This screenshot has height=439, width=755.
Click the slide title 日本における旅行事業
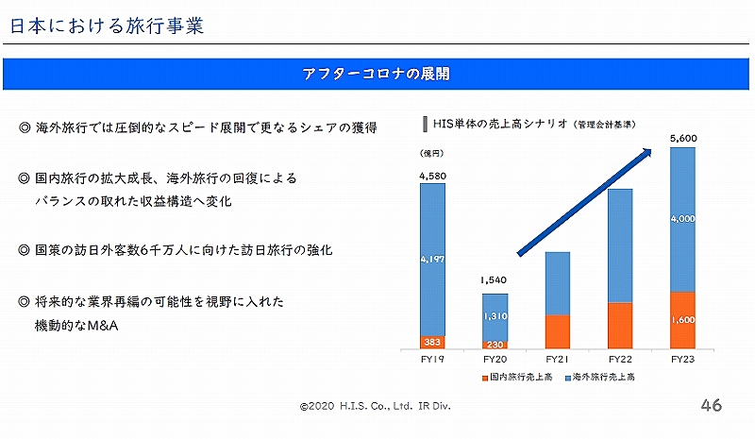pos(107,26)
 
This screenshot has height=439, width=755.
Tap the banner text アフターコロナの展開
pos(376,74)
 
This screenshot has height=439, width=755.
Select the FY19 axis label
pos(432,359)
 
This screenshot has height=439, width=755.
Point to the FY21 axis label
pos(558,359)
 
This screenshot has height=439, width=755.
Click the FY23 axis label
pos(682,359)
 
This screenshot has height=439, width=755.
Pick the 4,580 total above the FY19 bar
pos(432,176)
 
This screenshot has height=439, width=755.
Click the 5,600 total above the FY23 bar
pos(683,138)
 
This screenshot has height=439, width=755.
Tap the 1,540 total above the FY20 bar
pos(494,280)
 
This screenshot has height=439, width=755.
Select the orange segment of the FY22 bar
pos(620,326)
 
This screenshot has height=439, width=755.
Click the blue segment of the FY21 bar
pos(558,283)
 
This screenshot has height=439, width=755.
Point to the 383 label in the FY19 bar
pos(432,342)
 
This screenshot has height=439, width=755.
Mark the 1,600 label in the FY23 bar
pos(682,319)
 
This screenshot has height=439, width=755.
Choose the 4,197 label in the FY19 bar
pos(432,260)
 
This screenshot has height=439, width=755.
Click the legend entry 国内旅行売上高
pos(517,377)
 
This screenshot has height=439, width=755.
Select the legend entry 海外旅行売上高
pos(600,377)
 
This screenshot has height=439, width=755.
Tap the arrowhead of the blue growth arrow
pos(647,153)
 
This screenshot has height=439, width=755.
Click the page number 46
pos(712,405)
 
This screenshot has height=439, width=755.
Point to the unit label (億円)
pos(432,153)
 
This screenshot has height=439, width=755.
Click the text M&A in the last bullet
pos(103,326)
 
